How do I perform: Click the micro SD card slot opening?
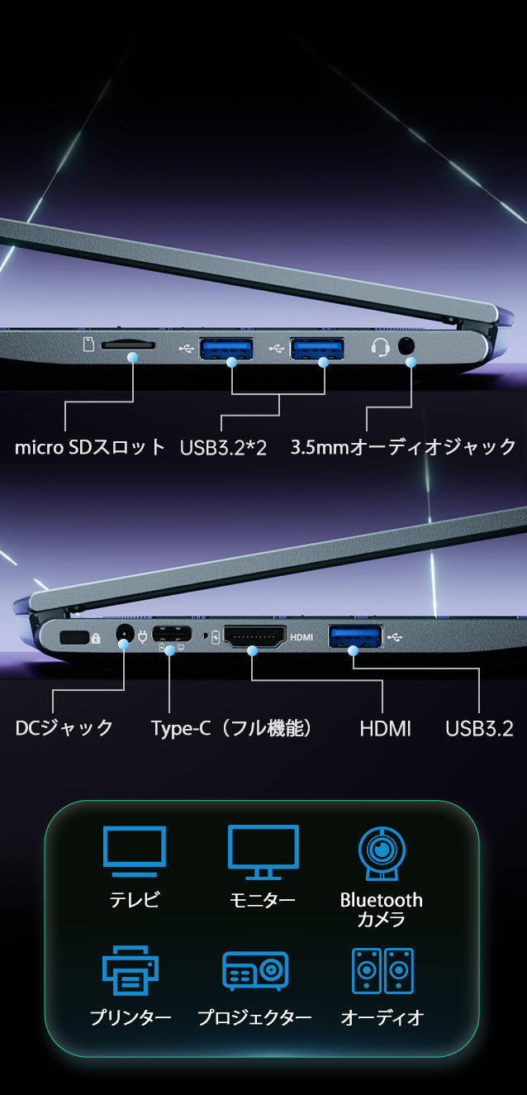point(128,345)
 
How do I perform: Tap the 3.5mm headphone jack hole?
point(406,346)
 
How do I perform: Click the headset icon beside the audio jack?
point(380,347)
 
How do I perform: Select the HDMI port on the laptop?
point(255,636)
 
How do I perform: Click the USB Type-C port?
point(172,634)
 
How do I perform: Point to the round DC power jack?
point(125,635)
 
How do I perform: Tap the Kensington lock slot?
point(74,637)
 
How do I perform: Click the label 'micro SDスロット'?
point(90,447)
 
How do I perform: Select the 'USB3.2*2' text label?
point(223,448)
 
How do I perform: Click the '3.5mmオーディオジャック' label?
point(403,447)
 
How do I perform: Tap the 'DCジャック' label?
point(64,728)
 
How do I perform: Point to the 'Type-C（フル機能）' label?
point(231,728)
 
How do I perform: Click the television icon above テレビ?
point(135,851)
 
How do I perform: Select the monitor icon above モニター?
point(263,852)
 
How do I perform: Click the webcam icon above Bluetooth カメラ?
point(382,853)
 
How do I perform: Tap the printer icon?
point(131,970)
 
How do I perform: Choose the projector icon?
point(255,971)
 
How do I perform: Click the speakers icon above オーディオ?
point(383,971)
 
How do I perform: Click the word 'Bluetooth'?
point(382,900)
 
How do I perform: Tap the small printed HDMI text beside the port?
point(301,637)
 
